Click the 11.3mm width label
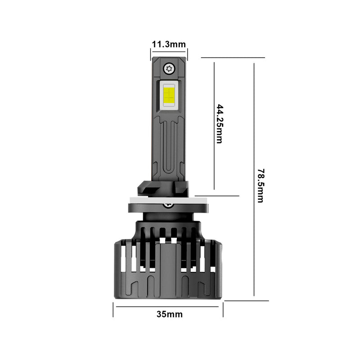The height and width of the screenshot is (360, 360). coord(169,44)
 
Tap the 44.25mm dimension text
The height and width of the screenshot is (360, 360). coord(220,124)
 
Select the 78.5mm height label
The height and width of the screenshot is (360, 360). coord(260,185)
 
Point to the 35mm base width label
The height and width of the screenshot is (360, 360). coord(170,314)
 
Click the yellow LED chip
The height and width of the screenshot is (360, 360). coord(169,95)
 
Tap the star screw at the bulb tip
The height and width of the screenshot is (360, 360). coord(169,68)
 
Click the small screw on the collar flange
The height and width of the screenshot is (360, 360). coord(169,205)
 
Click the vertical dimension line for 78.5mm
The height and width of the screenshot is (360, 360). coord(254,135)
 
